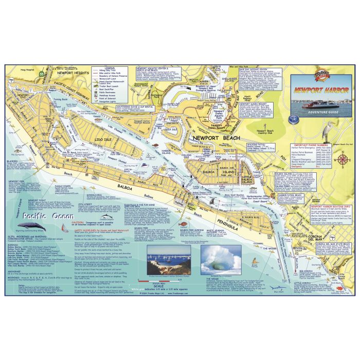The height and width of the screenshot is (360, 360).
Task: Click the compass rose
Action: [x=344, y=159]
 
